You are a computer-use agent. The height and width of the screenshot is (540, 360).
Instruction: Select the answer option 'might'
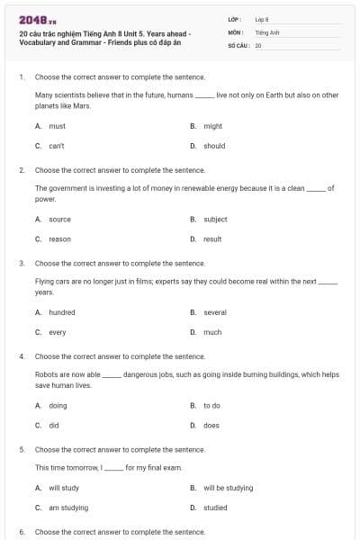click(x=212, y=126)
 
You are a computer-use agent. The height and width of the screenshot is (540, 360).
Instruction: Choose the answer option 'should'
click(x=214, y=146)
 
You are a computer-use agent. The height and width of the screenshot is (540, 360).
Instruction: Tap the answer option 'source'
click(x=59, y=219)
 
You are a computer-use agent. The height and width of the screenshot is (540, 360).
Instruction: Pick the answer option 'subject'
click(x=215, y=219)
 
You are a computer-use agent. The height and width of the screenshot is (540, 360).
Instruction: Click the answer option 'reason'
click(x=59, y=239)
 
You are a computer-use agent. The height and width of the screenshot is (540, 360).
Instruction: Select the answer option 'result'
click(x=212, y=239)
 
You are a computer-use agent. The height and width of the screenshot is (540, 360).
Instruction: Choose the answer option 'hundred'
click(x=62, y=312)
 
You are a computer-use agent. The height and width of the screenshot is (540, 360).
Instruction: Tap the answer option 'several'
click(x=215, y=312)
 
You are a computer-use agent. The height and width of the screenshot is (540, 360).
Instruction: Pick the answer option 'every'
click(x=58, y=332)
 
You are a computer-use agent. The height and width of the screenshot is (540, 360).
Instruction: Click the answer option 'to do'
click(x=211, y=406)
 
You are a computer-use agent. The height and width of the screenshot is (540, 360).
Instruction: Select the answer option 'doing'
click(x=58, y=406)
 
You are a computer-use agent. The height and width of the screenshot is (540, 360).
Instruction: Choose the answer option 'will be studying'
click(x=228, y=489)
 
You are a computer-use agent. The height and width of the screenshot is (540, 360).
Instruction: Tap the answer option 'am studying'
click(x=68, y=508)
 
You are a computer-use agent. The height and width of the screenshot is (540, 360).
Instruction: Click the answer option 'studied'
click(x=215, y=508)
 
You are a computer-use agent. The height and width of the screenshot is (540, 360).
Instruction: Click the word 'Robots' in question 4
click(x=46, y=373)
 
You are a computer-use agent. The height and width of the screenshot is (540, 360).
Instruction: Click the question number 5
click(x=21, y=448)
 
